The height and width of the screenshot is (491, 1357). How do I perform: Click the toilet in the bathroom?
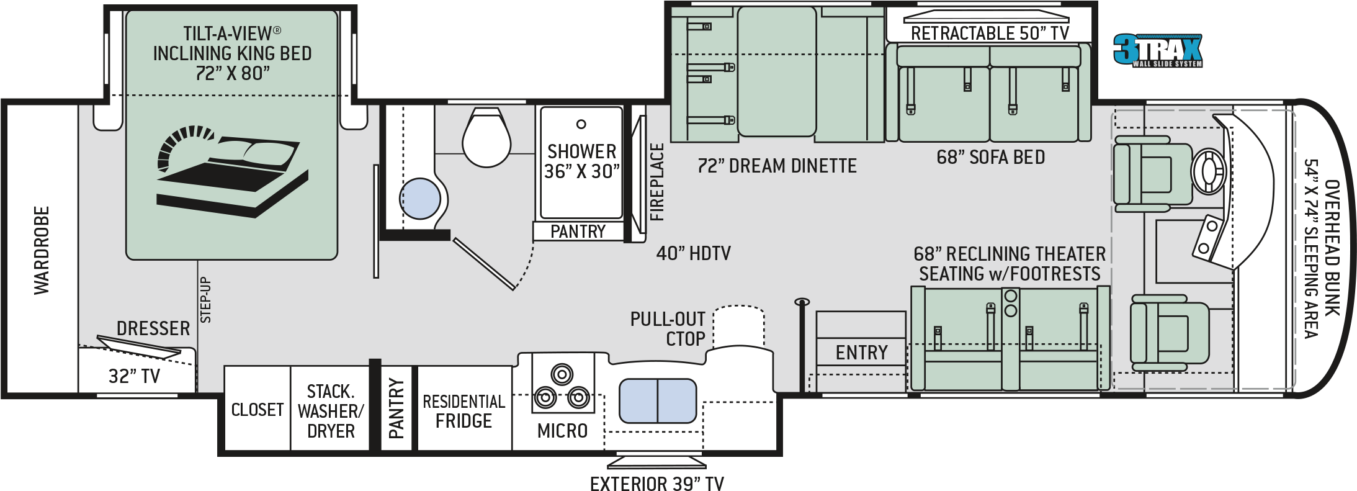pos(486,138)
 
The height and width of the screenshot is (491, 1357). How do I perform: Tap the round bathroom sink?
pos(419,199)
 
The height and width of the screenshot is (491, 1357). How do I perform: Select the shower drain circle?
pos(581,124)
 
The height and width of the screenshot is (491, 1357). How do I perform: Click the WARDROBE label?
pos(42,250)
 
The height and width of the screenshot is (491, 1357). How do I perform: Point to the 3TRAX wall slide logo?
pos(1158,50)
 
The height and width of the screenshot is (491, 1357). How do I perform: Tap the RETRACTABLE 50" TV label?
pos(989,33)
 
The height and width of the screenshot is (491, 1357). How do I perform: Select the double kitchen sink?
pos(658,400)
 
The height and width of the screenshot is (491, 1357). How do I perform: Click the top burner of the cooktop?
pos(562,374)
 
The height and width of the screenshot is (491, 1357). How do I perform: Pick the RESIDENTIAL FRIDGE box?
pos(464,410)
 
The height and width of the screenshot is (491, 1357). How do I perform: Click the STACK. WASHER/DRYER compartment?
pos(330,410)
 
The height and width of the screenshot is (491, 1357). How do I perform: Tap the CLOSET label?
pos(257,410)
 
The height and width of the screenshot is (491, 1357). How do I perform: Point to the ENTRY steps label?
pos(861,353)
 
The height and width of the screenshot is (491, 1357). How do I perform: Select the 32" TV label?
pos(134,376)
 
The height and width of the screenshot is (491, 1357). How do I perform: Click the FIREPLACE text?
pos(657,182)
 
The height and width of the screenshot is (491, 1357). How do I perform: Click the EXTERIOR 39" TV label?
pos(656,483)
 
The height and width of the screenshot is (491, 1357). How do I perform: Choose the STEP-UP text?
pos(205,300)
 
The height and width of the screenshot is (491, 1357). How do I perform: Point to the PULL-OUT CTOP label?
pos(668,329)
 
